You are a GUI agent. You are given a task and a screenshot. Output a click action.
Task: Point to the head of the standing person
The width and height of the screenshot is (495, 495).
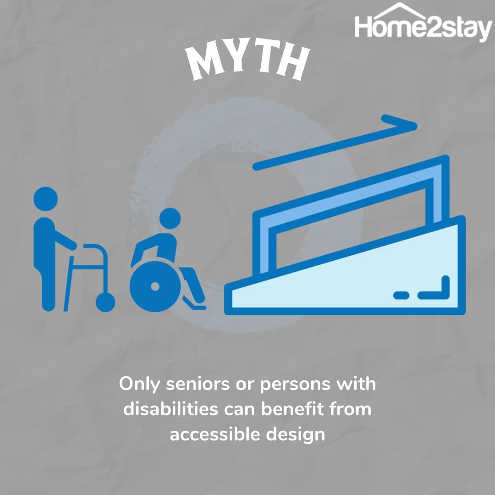click(45, 199)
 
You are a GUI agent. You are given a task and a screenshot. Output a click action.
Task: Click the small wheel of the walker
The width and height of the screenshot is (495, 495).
click(105, 302)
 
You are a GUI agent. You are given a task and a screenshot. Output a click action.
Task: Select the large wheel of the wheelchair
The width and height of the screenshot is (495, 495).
click(155, 286)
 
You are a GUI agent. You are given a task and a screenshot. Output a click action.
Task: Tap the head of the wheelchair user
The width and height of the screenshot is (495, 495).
click(170, 219)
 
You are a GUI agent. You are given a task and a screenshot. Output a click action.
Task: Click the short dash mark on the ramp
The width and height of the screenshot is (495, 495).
click(401, 296)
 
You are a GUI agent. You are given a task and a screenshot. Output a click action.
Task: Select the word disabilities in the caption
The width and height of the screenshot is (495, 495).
click(170, 409)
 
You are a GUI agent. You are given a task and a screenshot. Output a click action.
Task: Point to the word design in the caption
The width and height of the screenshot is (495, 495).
click(296, 435)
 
